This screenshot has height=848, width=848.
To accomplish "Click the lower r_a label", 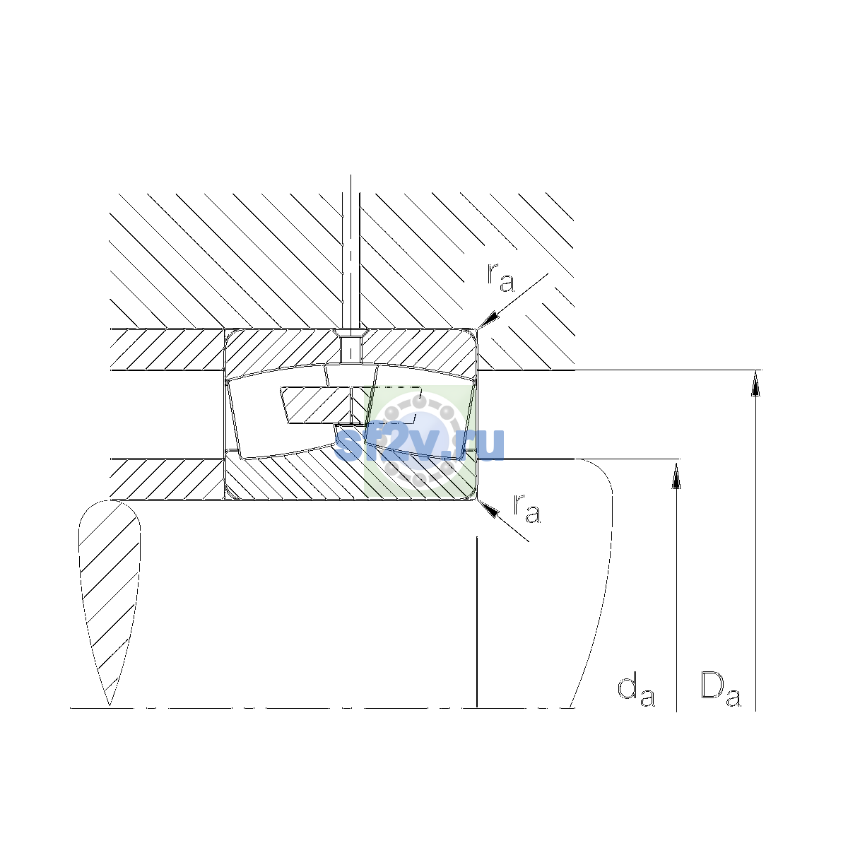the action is click(x=526, y=508).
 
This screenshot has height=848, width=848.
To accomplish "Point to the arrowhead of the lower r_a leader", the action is click(x=488, y=508).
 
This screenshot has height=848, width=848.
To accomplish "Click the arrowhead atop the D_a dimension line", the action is click(x=755, y=382).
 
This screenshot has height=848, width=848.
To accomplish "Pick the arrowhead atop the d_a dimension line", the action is click(x=676, y=476).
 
